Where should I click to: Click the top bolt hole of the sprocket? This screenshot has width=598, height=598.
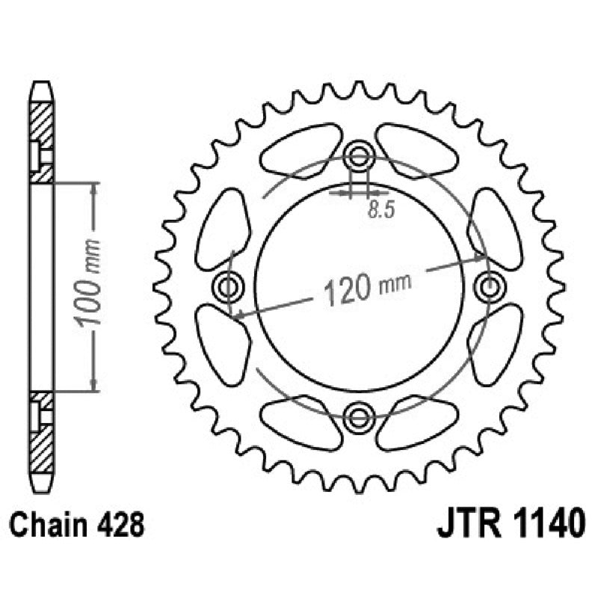359,155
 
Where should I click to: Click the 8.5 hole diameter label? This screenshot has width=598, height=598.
380,210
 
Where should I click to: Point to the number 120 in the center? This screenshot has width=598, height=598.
348,289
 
